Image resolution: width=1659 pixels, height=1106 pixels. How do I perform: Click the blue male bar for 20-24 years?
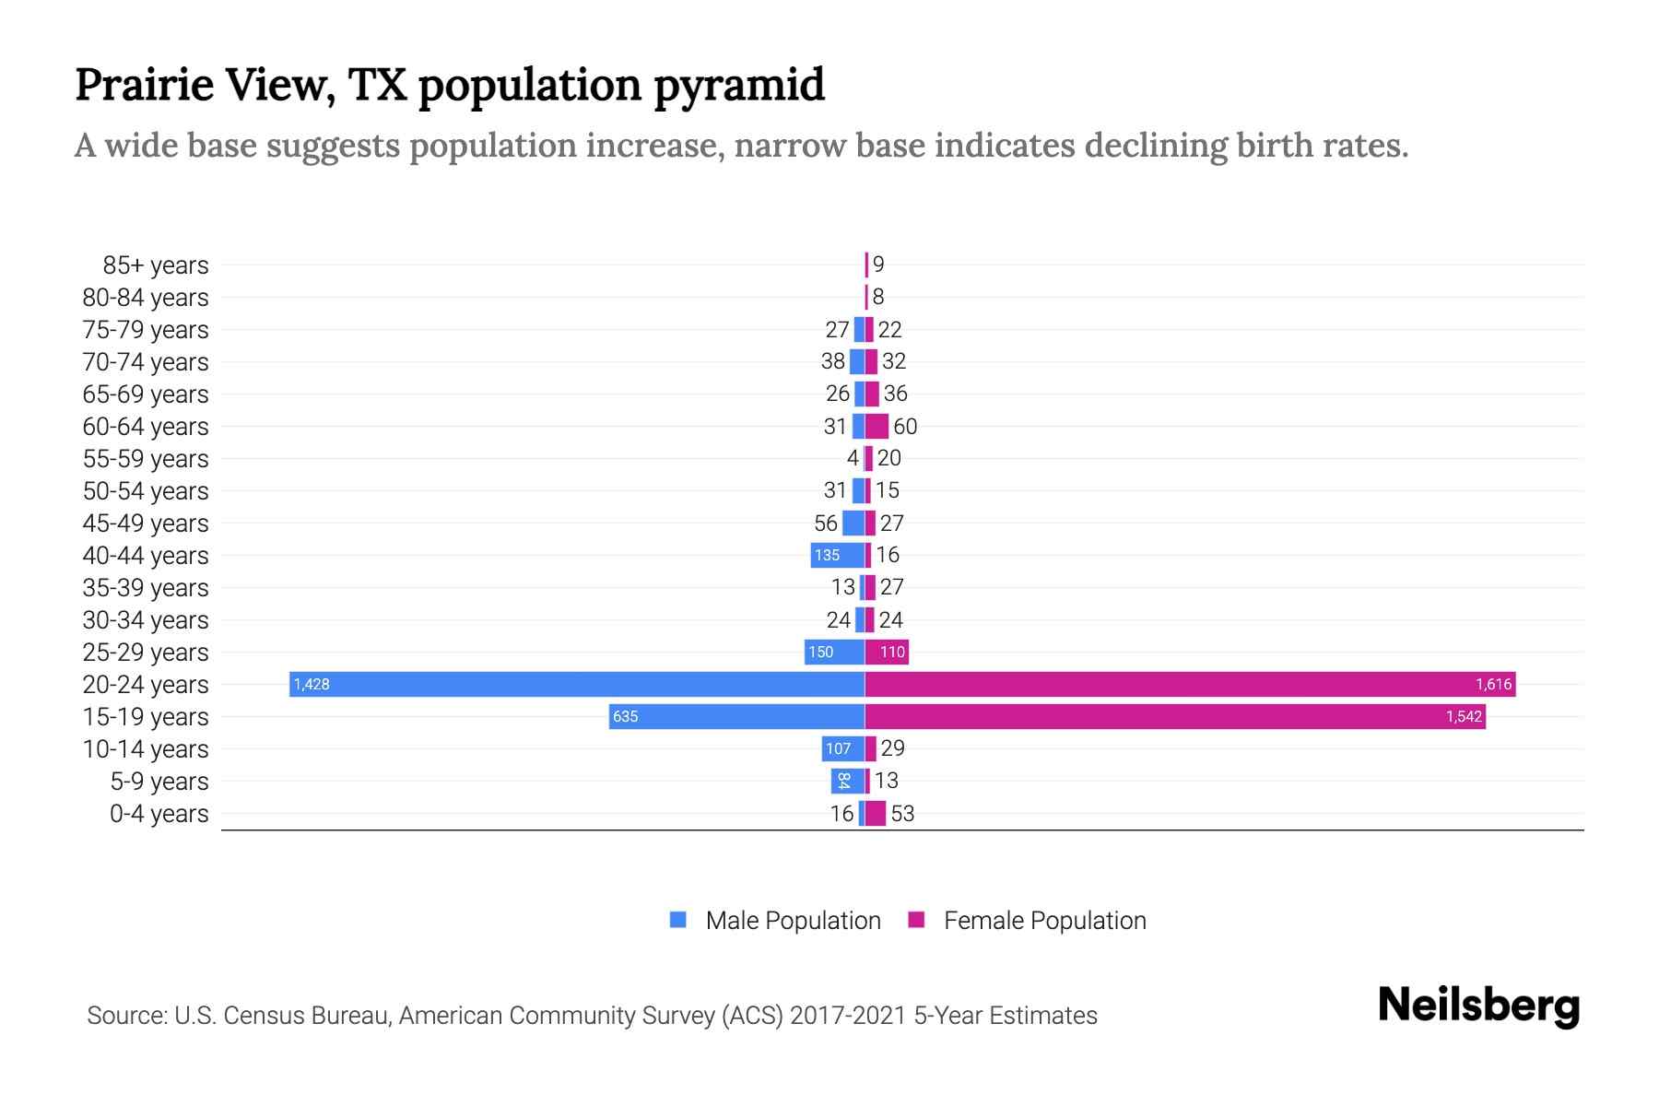coord(577,684)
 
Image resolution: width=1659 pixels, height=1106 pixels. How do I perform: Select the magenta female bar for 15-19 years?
coord(1175,716)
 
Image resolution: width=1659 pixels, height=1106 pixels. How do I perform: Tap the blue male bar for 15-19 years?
coord(736,716)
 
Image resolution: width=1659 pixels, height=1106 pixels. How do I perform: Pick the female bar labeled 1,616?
coord(1190,684)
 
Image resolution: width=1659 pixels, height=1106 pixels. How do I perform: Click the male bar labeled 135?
coord(837,555)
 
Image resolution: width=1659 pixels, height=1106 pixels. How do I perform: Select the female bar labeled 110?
coord(887,652)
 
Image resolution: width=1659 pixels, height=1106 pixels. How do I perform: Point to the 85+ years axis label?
coord(156,265)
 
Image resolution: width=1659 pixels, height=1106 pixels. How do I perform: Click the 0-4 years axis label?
coord(159,814)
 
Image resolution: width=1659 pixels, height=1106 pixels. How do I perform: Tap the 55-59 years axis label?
coord(146,459)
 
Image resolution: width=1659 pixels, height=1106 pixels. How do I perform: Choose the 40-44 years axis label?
coord(146,556)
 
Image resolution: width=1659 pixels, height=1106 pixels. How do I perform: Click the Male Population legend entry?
coord(775,920)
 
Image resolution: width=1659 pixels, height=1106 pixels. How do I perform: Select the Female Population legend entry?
coord(1028,920)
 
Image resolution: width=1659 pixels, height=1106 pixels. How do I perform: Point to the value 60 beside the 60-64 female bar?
coord(905,427)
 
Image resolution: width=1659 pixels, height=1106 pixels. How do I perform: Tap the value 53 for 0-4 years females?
coord(902,814)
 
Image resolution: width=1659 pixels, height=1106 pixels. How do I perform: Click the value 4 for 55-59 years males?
coord(853,458)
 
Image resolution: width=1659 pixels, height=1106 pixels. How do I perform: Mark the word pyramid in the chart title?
coord(739,85)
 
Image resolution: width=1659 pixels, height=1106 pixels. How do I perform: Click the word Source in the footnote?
coord(125,1016)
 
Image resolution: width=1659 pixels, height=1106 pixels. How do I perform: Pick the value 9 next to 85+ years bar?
coord(878,265)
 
